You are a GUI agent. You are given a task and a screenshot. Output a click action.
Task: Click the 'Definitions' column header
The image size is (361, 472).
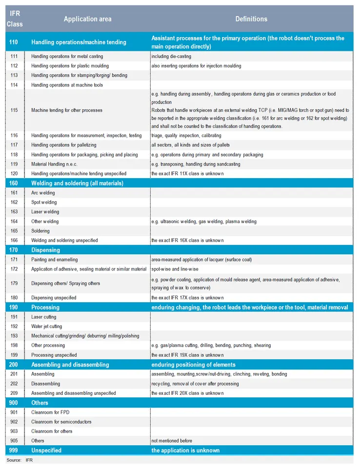tap(251, 19)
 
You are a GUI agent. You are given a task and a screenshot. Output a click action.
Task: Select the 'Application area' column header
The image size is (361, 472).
tap(87, 19)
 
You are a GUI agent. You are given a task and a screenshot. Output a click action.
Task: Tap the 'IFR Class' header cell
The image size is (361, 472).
tap(15, 19)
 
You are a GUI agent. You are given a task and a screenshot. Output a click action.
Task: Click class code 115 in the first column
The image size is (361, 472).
tap(14, 110)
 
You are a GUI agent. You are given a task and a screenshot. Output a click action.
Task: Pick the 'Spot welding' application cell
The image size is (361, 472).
tap(44, 202)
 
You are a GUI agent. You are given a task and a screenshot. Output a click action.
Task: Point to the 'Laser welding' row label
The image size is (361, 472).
tap(45, 212)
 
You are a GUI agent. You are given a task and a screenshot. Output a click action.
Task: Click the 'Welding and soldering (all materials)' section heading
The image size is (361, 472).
tap(77, 184)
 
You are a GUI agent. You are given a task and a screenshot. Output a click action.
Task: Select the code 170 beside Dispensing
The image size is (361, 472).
tap(14, 250)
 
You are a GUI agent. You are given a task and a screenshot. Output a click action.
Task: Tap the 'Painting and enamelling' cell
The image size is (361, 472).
tap(54, 260)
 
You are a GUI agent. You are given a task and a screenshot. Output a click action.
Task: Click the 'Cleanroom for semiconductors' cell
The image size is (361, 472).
tap(61, 422)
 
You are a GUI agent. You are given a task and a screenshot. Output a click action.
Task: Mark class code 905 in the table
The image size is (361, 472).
tap(14, 441)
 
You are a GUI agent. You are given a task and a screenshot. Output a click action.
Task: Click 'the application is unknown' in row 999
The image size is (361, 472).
tap(185, 451)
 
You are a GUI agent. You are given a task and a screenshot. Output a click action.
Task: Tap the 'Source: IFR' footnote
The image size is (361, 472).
tap(20, 460)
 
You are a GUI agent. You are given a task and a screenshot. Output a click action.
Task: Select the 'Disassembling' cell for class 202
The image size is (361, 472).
tap(46, 384)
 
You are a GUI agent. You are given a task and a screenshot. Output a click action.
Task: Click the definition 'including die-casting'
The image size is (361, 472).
tap(171, 57)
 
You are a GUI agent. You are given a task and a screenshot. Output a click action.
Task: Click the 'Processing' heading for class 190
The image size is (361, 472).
tap(45, 308)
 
